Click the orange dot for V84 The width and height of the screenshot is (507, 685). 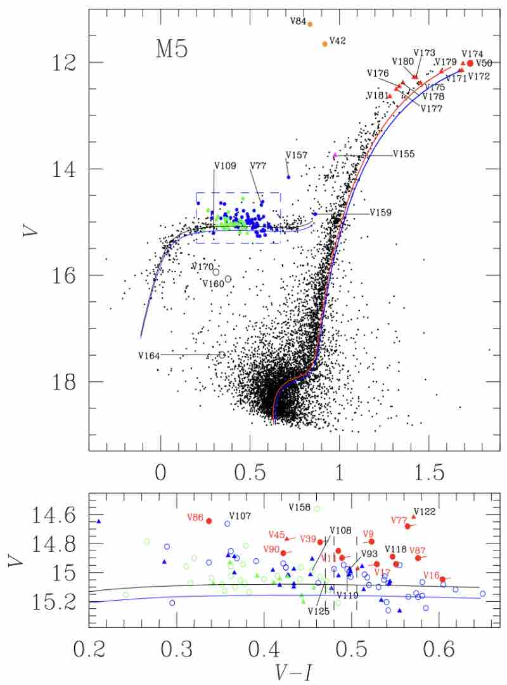coord(310,24)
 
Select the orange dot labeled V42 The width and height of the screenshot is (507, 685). coord(325,44)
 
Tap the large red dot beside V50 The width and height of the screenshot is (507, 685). coord(470,63)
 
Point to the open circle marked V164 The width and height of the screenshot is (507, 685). coord(222,355)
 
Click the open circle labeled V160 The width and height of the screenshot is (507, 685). coord(228,278)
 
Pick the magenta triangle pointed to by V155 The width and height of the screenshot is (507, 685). coord(335,155)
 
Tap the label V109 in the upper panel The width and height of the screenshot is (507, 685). coord(225,166)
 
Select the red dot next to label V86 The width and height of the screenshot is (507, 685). coord(209,521)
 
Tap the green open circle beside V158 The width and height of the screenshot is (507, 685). coord(318,509)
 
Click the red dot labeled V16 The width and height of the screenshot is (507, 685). coord(442,579)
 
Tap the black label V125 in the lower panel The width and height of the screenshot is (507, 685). coord(318,611)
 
